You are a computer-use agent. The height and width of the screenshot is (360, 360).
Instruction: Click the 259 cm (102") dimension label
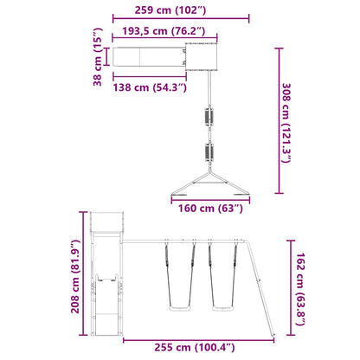coord(170,10)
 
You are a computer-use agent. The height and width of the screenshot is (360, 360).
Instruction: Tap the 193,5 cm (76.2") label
coord(164,31)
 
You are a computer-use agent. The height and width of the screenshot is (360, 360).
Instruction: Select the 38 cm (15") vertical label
coord(98,57)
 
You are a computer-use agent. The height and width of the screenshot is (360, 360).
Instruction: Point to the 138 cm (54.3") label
coord(150,87)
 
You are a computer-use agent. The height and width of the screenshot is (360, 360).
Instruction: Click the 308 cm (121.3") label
coord(286,123)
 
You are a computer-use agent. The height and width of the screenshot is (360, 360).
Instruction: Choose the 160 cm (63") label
coord(210,208)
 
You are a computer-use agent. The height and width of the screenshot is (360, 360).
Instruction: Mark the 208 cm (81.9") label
coord(75,276)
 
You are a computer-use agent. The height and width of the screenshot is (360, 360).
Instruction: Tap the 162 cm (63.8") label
coord(300,289)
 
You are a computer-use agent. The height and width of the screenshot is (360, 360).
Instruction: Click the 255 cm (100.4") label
coord(195,347)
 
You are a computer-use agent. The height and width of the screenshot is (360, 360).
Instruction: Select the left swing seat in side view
coord(179,309)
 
